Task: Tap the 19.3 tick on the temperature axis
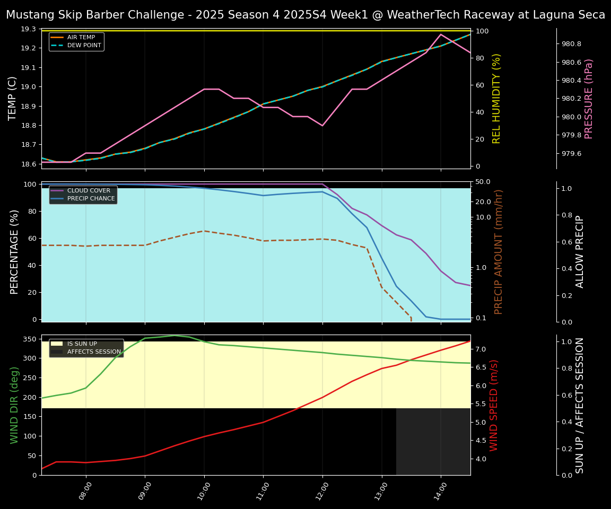click(x=29, y=29)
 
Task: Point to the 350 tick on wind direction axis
click(x=30, y=339)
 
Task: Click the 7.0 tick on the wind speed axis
click(x=481, y=349)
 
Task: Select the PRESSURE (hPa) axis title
click(x=589, y=99)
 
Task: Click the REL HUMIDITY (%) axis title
click(x=496, y=99)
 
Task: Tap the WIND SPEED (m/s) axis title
click(x=494, y=405)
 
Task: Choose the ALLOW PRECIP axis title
click(x=580, y=252)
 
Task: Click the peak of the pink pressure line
click(x=440, y=34)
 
